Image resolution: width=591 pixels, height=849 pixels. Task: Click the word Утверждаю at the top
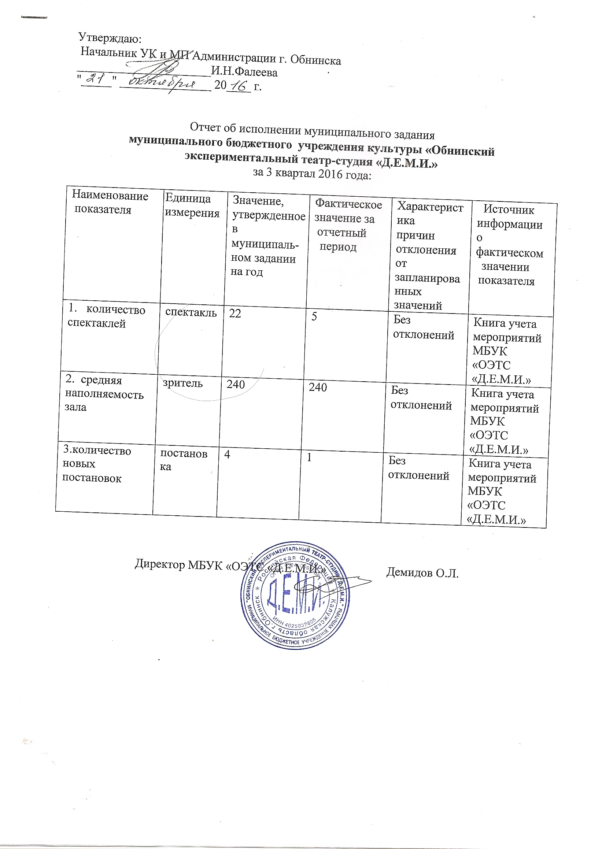110,38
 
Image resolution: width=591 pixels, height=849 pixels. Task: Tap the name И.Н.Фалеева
244,72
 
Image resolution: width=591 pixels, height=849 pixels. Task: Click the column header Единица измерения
192,205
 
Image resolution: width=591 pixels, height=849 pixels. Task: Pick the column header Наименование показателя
110,202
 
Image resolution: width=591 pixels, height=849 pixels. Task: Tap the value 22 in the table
234,314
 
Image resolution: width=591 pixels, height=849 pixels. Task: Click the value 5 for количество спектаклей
314,317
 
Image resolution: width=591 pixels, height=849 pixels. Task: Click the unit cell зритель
183,383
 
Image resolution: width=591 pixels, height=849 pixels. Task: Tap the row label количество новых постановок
96,464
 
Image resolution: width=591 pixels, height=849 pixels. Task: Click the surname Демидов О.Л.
422,573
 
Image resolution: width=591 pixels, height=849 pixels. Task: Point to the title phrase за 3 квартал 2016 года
311,173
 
